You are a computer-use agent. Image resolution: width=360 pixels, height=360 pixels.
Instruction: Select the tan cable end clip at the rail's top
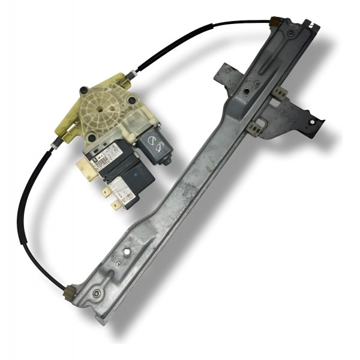277,22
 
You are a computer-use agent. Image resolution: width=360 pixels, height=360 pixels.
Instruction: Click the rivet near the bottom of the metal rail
96,294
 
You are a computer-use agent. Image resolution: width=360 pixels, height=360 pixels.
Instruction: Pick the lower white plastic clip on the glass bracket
257,127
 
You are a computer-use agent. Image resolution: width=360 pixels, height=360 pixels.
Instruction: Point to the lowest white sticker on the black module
127,191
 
